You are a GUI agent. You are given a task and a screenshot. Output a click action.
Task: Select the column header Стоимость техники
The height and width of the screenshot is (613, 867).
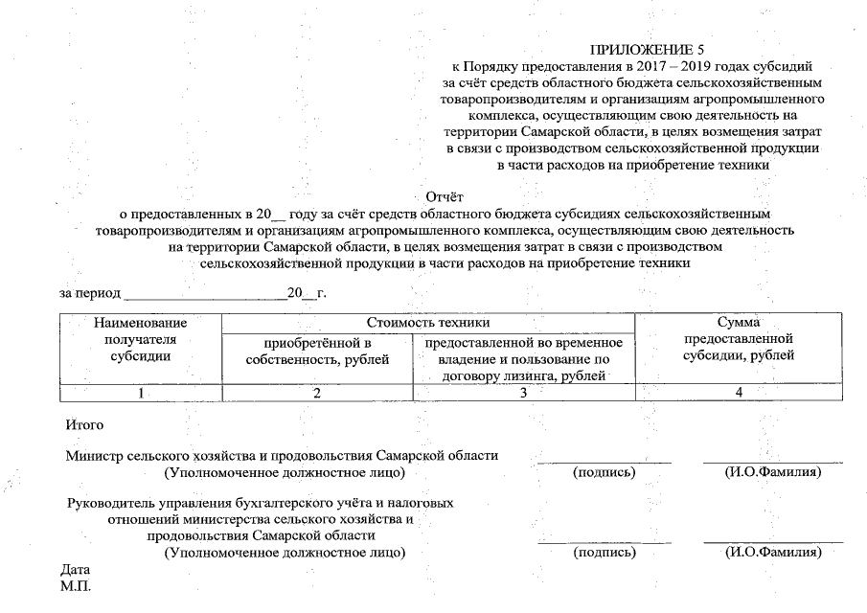[427, 324]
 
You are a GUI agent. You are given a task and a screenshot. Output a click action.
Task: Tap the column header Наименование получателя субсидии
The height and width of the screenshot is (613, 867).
[140, 340]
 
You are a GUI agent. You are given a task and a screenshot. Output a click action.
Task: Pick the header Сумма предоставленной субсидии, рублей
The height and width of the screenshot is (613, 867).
[738, 340]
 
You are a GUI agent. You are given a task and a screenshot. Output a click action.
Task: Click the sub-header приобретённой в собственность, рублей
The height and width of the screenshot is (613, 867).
[317, 351]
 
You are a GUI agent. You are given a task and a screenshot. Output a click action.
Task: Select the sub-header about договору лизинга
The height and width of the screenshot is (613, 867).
[523, 359]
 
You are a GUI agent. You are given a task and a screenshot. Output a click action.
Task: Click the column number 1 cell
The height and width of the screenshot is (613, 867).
[140, 392]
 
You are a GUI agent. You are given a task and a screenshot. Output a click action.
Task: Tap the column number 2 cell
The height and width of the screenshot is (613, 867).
[317, 392]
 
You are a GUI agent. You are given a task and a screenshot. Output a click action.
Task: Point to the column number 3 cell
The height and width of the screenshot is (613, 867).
[523, 392]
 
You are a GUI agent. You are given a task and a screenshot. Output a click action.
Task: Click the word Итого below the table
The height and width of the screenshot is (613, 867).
[84, 423]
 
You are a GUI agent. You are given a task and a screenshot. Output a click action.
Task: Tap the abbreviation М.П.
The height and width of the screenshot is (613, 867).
[75, 585]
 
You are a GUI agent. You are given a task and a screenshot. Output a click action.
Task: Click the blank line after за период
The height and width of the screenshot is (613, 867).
[205, 292]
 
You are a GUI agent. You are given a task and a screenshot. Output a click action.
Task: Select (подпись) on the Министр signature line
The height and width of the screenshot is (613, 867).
[604, 472]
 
